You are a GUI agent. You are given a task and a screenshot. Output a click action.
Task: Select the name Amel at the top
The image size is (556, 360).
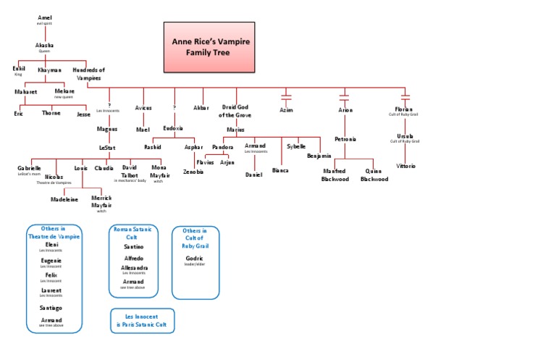(x=45, y=17)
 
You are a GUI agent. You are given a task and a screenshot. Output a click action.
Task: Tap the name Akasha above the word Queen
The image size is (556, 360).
(x=45, y=45)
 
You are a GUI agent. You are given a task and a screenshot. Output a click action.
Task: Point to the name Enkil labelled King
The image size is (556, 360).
(x=19, y=69)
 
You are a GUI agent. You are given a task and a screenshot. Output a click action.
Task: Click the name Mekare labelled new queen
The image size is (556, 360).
(x=64, y=91)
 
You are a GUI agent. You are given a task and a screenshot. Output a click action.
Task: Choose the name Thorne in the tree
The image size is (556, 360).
(x=51, y=113)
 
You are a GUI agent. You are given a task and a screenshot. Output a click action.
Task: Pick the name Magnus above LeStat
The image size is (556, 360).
(x=107, y=128)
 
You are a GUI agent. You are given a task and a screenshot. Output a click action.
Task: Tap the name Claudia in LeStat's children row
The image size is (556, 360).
(x=104, y=167)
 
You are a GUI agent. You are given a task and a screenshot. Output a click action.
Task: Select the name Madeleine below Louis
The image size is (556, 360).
(x=64, y=198)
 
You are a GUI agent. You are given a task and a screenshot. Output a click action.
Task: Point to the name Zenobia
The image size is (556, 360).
(x=193, y=172)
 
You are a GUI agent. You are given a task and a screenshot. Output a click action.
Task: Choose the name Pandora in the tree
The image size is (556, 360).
(x=222, y=146)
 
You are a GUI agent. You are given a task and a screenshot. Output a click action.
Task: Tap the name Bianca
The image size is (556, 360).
(x=280, y=170)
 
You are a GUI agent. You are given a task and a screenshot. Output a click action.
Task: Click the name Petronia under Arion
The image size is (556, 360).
(x=345, y=138)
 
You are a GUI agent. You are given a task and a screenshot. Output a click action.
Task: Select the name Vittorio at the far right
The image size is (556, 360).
(x=406, y=166)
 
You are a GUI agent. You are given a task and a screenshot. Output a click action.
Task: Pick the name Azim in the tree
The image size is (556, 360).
(x=287, y=110)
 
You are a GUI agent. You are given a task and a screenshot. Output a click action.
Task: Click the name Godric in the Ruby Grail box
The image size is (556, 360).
(x=195, y=258)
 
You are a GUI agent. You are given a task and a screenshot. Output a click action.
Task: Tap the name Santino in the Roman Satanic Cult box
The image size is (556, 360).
(x=133, y=246)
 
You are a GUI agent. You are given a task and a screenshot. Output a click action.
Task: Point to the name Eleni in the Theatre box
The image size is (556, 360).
(x=51, y=245)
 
